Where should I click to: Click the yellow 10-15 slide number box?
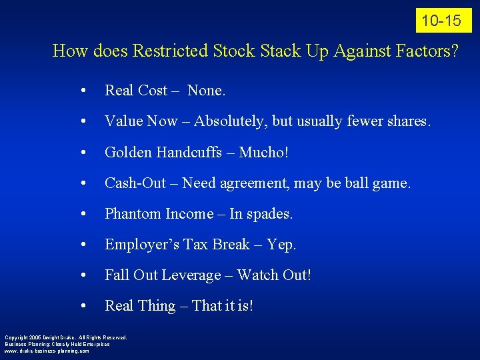click(x=443, y=21)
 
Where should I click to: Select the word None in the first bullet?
click(x=206, y=90)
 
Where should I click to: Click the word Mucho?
click(x=264, y=152)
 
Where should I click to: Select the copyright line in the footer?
click(x=65, y=337)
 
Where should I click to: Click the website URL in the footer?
click(x=47, y=350)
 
